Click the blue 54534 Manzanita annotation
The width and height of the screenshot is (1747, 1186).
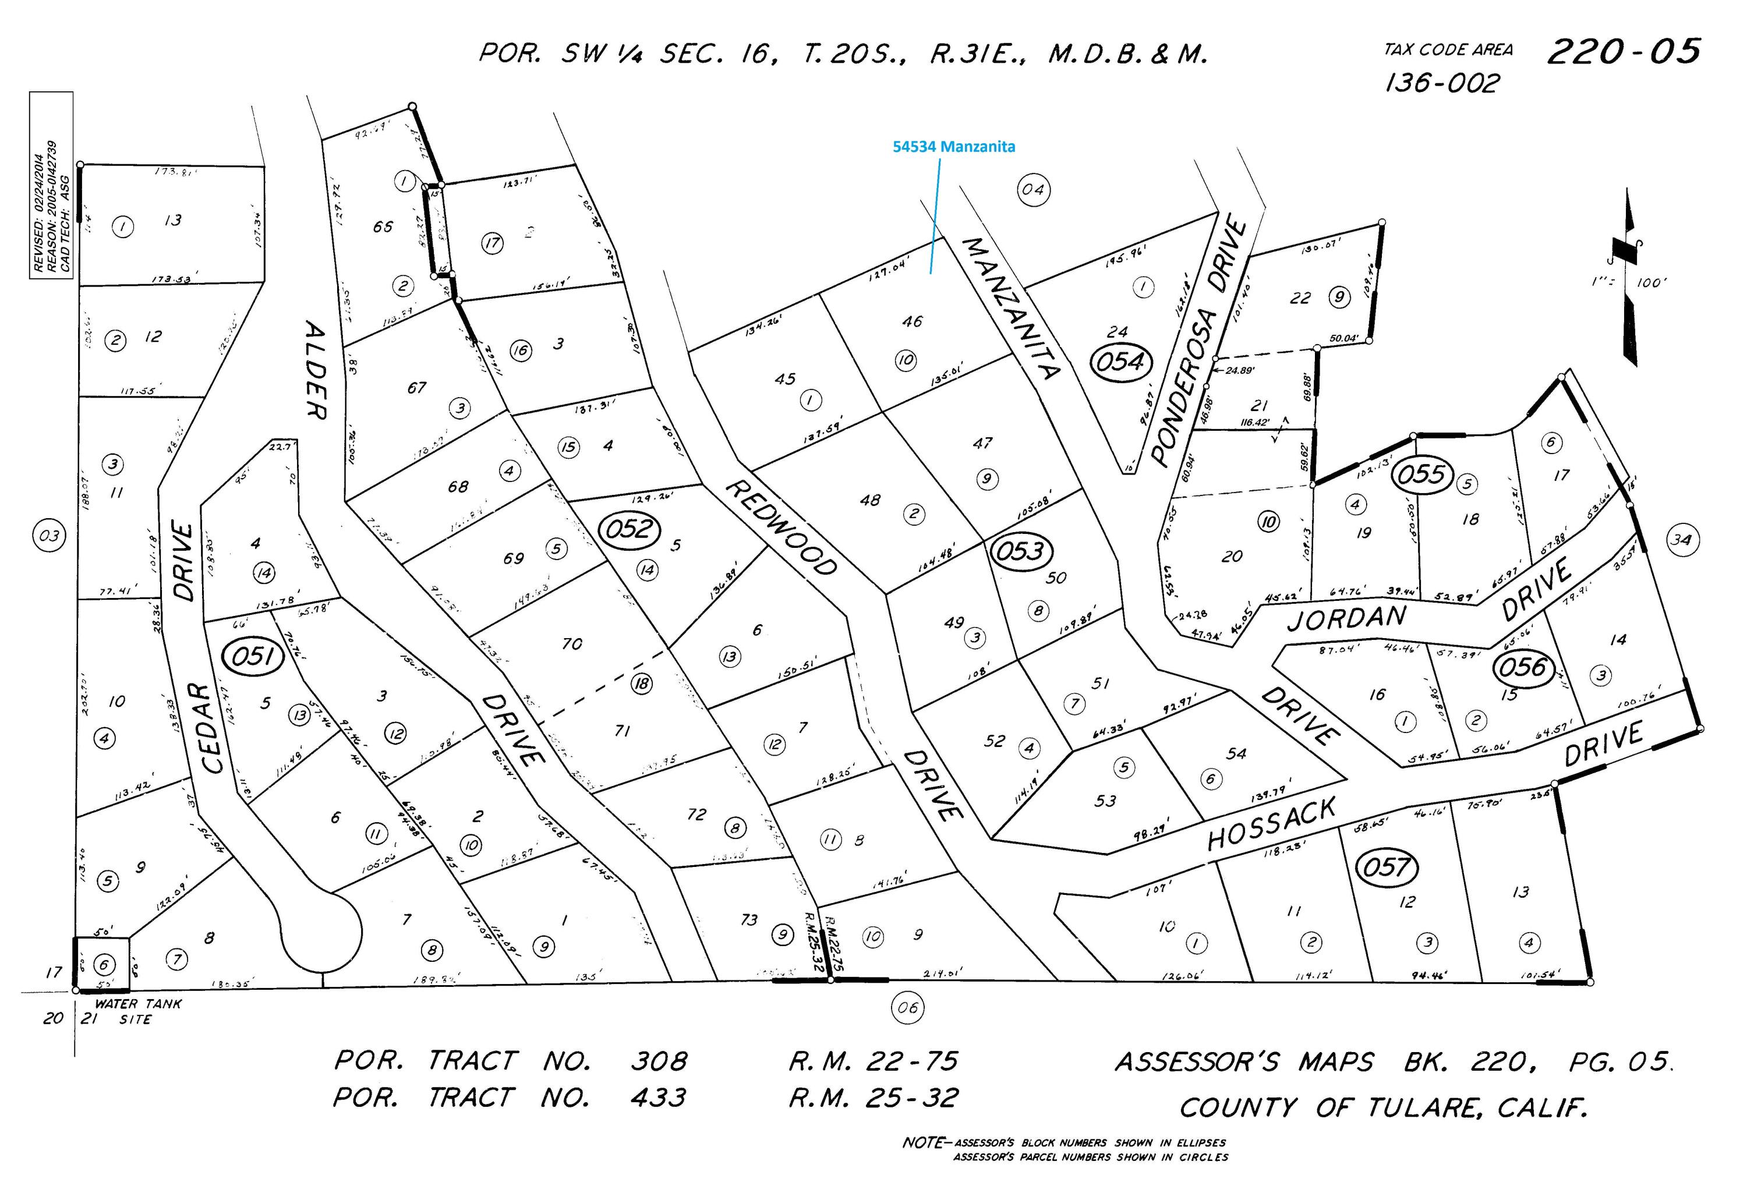click(x=953, y=147)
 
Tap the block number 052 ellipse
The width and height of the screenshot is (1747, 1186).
click(x=628, y=529)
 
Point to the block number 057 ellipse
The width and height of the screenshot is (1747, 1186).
click(x=1385, y=868)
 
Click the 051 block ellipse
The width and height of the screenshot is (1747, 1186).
click(x=253, y=657)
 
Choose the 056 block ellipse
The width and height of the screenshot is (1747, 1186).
click(x=1523, y=667)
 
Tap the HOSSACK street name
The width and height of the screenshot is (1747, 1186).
click(x=1272, y=824)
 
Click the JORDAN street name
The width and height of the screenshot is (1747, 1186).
click(x=1346, y=618)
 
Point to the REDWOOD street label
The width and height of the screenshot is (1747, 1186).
click(x=781, y=528)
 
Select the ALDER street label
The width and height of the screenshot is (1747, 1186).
click(x=316, y=370)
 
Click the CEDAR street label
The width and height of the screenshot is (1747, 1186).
click(x=213, y=728)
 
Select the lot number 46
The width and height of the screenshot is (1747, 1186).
click(x=912, y=321)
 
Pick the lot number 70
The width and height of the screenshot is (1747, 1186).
click(x=572, y=643)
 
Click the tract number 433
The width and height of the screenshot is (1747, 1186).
click(x=658, y=1098)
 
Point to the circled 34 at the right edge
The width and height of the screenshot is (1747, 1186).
click(x=1682, y=539)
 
